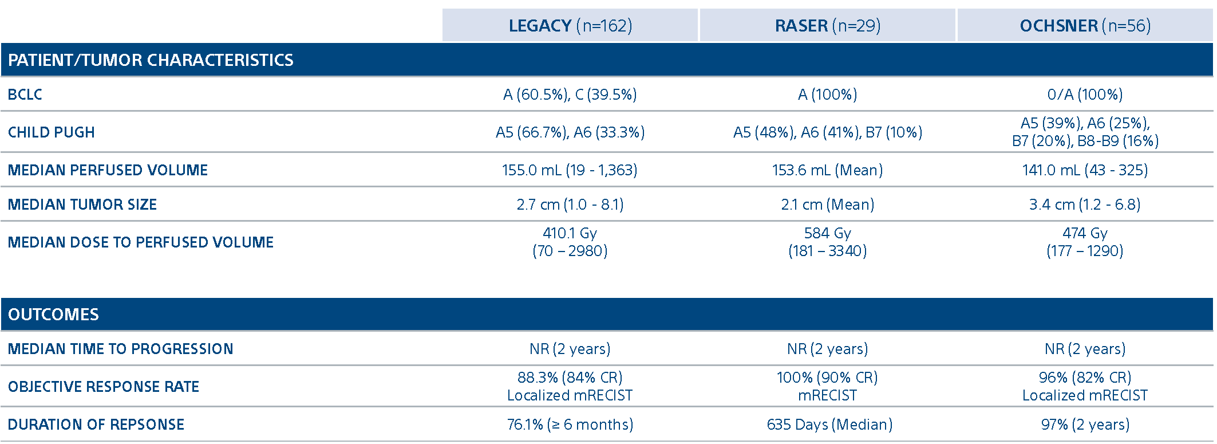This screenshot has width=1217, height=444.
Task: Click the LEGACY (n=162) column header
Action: pyautogui.click(x=570, y=26)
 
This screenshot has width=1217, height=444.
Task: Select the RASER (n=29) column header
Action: pyautogui.click(x=827, y=26)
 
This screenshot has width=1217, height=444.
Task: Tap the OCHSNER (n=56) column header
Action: pyautogui.click(x=1085, y=26)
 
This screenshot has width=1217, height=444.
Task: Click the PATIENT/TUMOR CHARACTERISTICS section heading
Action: pyautogui.click(x=151, y=60)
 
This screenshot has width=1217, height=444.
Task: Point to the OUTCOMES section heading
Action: pyautogui.click(x=53, y=315)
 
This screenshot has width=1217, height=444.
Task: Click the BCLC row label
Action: pyautogui.click(x=25, y=95)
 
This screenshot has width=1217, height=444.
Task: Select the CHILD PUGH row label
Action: pyautogui.click(x=52, y=132)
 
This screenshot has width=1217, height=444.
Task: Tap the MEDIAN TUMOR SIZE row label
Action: pyautogui.click(x=82, y=205)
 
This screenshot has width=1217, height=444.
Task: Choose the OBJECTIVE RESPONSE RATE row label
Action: pyautogui.click(x=104, y=387)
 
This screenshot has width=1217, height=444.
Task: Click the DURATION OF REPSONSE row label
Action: pyautogui.click(x=96, y=425)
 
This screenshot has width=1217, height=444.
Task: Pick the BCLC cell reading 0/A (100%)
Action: pyautogui.click(x=1085, y=95)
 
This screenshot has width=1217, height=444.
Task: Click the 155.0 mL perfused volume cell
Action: pyautogui.click(x=570, y=170)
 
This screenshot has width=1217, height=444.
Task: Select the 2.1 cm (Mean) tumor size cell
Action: pyautogui.click(x=827, y=205)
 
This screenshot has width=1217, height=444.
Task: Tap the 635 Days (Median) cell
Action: pyautogui.click(x=829, y=425)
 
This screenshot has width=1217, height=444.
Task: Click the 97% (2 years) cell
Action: pyautogui.click(x=1085, y=425)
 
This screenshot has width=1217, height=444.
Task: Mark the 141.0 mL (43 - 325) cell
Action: pyautogui.click(x=1085, y=170)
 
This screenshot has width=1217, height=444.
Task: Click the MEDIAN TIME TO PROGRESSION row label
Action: pyautogui.click(x=121, y=349)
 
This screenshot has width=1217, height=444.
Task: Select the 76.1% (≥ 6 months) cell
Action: pyautogui.click(x=570, y=425)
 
